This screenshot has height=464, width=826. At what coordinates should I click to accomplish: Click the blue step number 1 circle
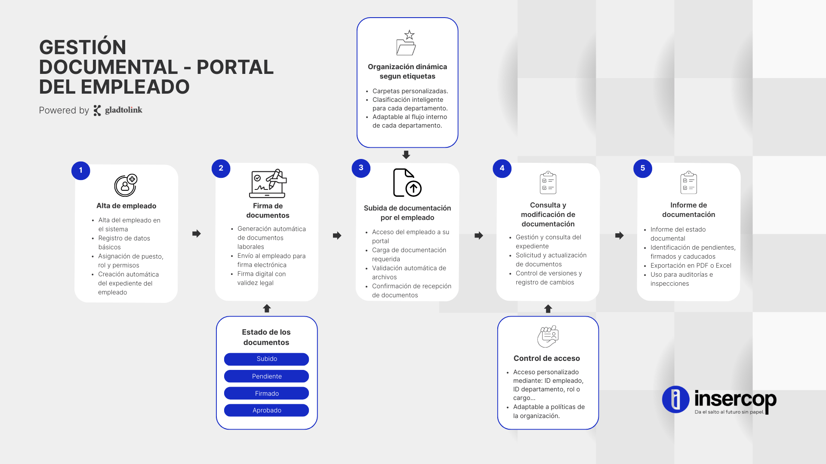(x=81, y=171)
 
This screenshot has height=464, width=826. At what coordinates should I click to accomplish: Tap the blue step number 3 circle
(x=361, y=168)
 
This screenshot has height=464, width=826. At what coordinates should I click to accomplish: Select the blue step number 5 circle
(x=643, y=168)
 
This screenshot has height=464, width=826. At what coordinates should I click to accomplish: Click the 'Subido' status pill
(x=266, y=359)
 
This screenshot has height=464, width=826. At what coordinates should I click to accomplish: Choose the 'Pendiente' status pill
(x=266, y=376)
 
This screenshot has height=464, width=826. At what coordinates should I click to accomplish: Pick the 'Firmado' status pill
(x=266, y=394)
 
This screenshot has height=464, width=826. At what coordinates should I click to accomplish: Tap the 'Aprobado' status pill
(x=266, y=410)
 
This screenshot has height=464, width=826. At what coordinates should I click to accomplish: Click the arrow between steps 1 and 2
(x=197, y=234)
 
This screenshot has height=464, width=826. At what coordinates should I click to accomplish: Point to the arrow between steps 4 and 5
(x=619, y=235)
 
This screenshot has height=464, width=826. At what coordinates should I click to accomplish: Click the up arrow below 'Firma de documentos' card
(x=267, y=308)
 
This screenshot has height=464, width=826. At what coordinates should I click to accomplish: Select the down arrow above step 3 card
(x=406, y=155)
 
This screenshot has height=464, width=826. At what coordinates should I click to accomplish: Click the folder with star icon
(x=406, y=43)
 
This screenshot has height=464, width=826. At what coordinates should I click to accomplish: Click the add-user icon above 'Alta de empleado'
(x=126, y=185)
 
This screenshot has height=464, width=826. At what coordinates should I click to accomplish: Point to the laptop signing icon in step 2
(x=268, y=183)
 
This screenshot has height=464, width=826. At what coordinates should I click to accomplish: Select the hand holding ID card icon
(x=548, y=336)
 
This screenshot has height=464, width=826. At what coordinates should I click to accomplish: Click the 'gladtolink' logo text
(x=123, y=110)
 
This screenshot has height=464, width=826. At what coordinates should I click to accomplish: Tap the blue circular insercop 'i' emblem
(x=676, y=399)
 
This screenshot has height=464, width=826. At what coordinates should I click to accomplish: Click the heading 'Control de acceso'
(x=547, y=358)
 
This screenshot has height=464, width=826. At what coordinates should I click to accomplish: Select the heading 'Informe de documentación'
(x=689, y=210)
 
